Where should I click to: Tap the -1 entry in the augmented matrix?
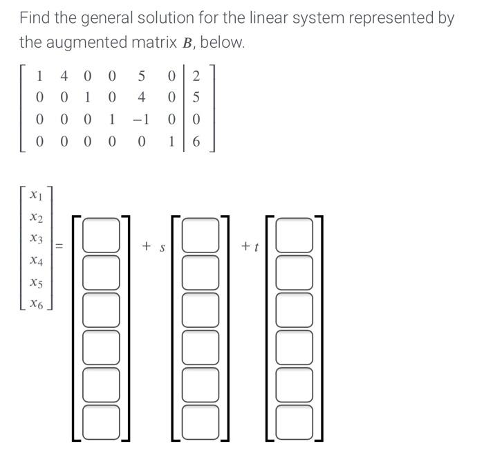coord(141,119)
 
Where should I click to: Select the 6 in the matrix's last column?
coord(196,142)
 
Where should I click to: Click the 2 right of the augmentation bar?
coord(196,75)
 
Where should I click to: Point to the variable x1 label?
coord(37,196)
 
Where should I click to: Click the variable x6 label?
coord(37,304)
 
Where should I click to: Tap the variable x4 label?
coord(37,261)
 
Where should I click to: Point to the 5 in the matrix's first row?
coord(141,75)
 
